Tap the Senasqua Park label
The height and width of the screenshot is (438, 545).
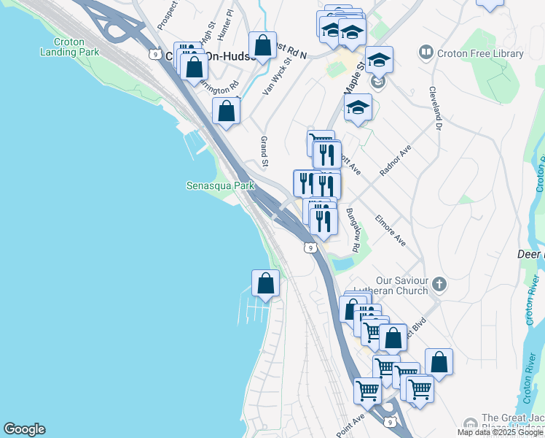pos(220,186)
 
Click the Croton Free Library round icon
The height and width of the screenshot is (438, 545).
pos(426,53)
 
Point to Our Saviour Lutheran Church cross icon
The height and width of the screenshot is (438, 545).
pos(439,283)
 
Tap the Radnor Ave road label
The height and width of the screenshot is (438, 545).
pos(396,160)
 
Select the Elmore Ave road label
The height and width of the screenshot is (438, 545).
pos(390,228)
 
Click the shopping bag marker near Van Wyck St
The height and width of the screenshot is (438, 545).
pos(262,46)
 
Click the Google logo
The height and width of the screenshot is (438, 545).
pos(24,429)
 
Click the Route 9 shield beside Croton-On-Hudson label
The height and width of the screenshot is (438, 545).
pos(154,53)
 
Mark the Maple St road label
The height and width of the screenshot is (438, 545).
pos(356,75)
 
